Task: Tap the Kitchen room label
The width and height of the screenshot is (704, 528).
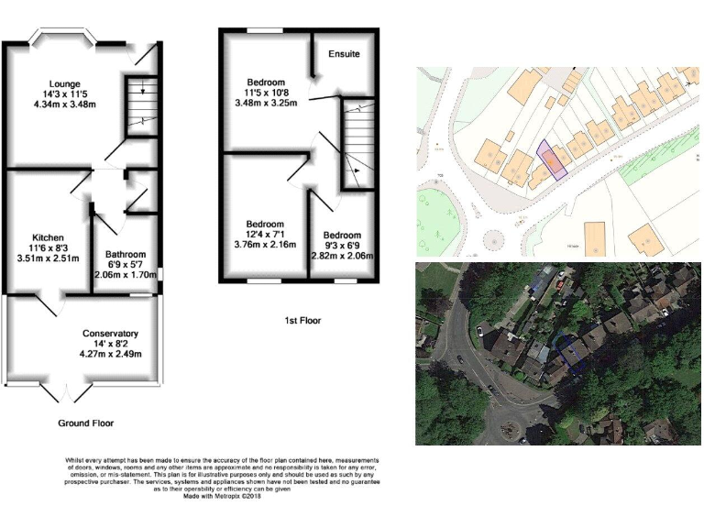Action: [48, 236]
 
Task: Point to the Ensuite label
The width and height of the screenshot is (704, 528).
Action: [344, 54]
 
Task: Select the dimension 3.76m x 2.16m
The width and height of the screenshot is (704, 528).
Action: [265, 246]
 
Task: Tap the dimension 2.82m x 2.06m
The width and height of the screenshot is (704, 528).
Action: [341, 257]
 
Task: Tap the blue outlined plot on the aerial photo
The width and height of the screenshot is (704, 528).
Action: [570, 353]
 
